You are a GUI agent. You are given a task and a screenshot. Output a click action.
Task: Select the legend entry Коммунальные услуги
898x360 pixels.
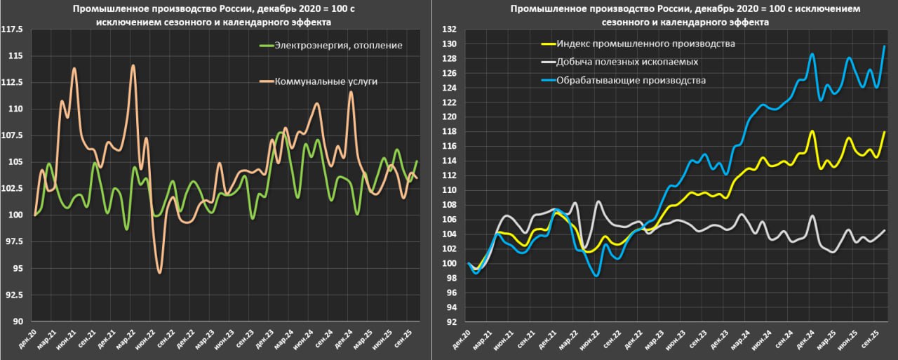coord(326,81)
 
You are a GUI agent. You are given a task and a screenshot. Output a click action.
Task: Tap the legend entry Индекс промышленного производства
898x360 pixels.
coord(645,44)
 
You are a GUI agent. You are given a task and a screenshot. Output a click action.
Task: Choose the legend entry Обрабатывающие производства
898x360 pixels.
coord(631,80)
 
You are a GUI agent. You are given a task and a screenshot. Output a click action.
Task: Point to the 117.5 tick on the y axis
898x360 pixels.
coord(13,29)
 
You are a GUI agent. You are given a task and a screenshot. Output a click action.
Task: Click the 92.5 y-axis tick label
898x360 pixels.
coord(15,295)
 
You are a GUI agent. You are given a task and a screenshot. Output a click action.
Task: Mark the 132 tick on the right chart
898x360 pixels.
coord(450,29)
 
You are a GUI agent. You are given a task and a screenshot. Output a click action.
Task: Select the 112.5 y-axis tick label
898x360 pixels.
coord(13,82)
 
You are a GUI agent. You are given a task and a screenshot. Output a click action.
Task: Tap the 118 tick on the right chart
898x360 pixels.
coord(450,131)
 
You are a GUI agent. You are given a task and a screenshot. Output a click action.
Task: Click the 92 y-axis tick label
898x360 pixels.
coord(452,322)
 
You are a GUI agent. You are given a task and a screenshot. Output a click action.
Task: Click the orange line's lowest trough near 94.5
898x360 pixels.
coord(160,272)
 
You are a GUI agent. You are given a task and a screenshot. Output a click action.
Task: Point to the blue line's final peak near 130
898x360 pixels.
coord(885,46)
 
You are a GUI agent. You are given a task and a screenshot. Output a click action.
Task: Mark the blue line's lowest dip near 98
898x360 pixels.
coord(596,276)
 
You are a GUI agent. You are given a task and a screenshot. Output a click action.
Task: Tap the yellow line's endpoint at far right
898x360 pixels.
coord(885,132)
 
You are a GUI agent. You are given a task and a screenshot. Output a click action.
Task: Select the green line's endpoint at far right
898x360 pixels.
coord(417,161)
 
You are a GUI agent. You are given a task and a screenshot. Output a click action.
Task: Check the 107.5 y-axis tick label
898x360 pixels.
coord(13,135)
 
